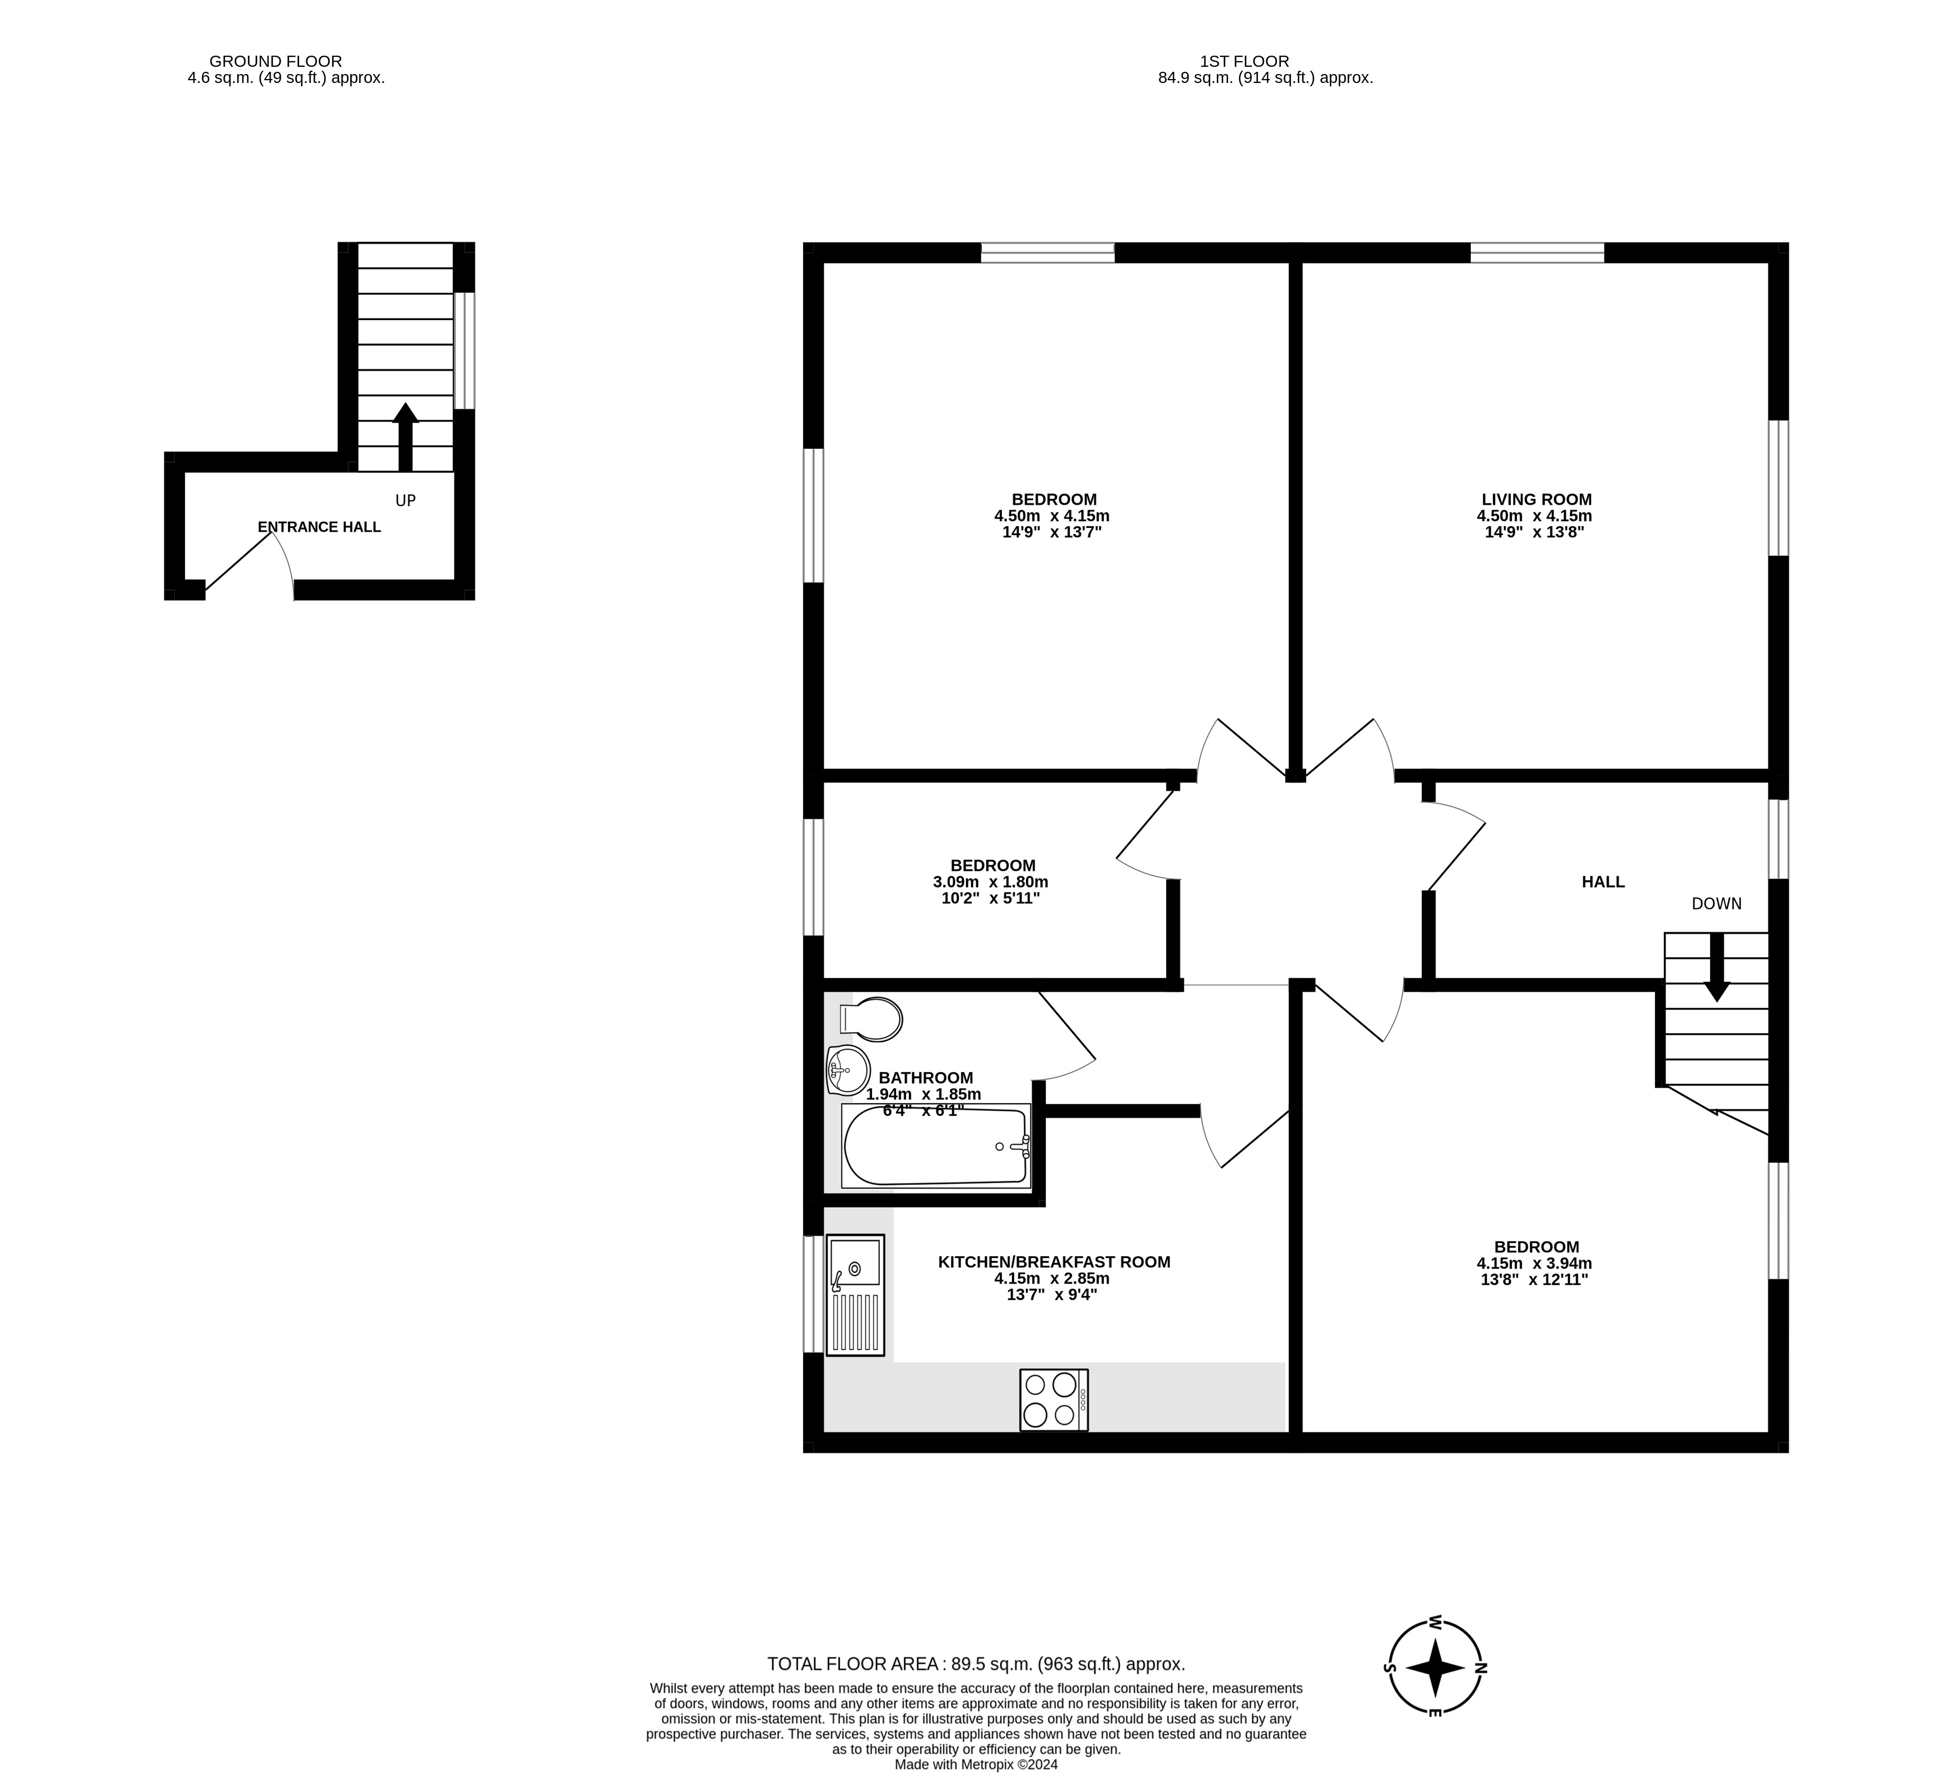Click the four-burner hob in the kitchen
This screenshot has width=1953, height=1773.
click(1054, 1400)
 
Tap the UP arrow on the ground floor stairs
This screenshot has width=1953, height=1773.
click(405, 437)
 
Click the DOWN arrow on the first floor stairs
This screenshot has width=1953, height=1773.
click(1717, 967)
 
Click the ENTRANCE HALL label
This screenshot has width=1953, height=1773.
click(319, 527)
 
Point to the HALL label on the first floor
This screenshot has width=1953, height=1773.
click(1603, 881)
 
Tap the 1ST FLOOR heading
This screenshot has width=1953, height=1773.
click(1244, 61)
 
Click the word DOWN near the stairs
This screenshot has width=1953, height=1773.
click(1717, 904)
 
